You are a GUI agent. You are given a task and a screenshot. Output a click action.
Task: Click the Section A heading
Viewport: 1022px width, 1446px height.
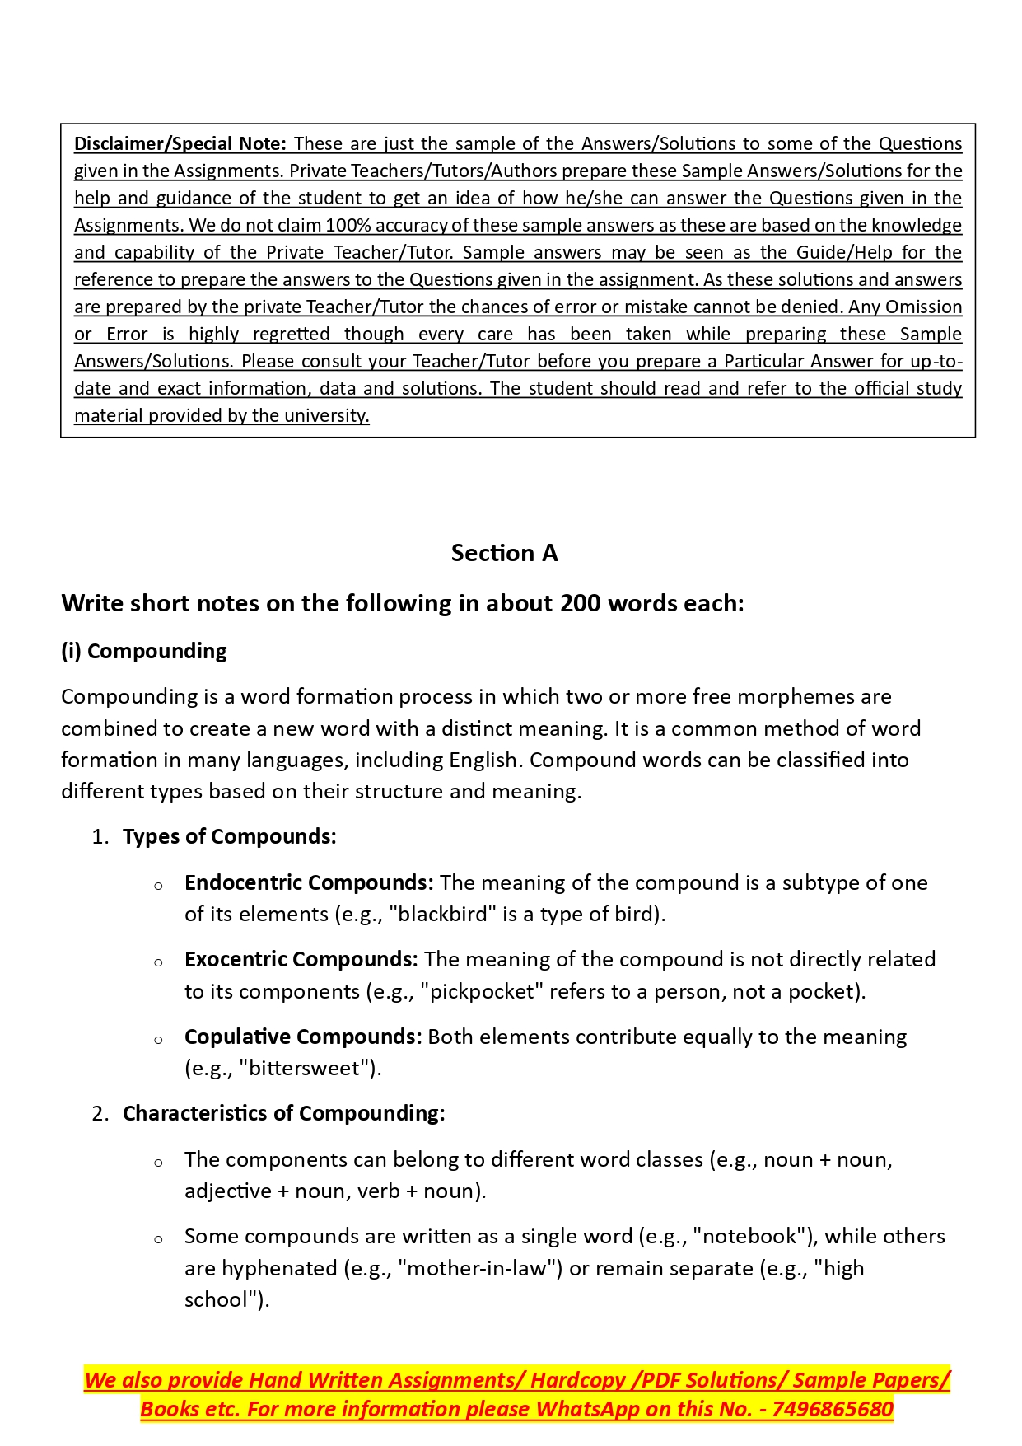[x=504, y=553]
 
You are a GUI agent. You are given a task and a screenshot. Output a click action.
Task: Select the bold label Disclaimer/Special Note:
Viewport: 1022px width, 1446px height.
[x=180, y=143]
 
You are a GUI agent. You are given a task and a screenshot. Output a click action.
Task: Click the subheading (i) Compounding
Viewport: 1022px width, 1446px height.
[x=144, y=651]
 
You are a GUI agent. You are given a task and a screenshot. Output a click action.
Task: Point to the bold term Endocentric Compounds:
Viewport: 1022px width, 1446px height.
[x=309, y=882]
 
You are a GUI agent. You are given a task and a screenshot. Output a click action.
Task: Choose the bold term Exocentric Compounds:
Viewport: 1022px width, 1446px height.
[x=301, y=959]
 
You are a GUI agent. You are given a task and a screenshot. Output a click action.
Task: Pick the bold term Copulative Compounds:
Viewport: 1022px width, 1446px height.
[x=303, y=1037]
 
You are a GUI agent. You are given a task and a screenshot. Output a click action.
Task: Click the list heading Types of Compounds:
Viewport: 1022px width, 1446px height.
[x=230, y=836]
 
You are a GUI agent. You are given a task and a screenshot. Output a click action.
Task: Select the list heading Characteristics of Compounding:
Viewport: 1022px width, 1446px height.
[x=284, y=1113]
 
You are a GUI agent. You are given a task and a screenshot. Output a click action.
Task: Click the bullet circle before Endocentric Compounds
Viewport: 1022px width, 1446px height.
[x=158, y=886]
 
